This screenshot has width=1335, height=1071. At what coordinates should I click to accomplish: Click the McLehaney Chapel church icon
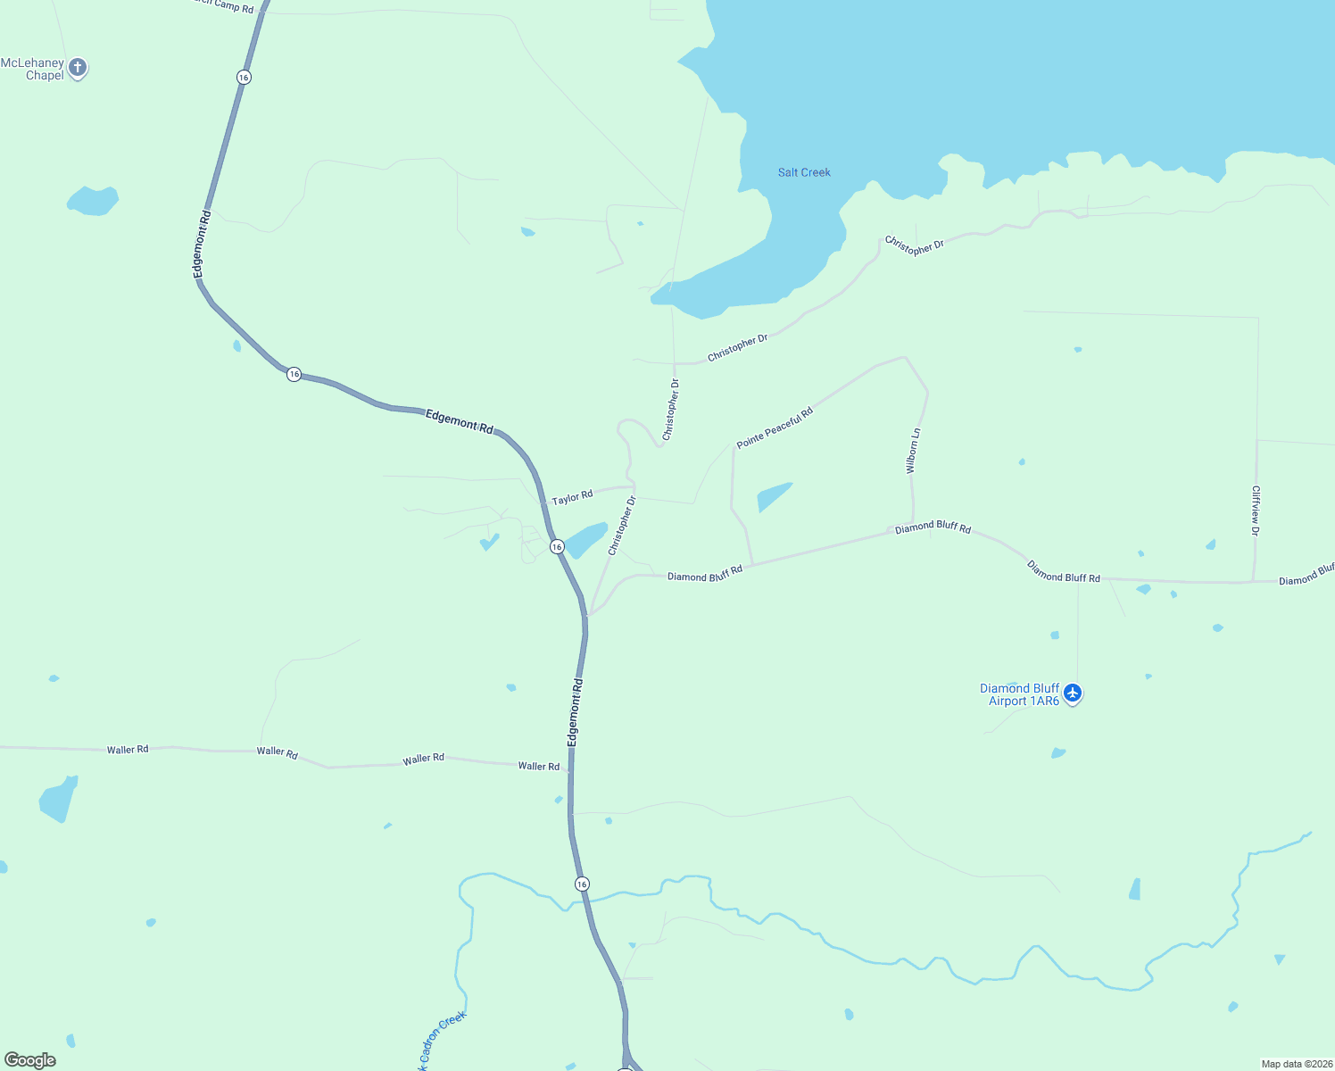(x=78, y=67)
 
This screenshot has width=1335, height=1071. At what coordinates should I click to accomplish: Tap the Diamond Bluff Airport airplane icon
(x=1073, y=693)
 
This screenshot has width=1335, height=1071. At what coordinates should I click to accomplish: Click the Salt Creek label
(x=804, y=172)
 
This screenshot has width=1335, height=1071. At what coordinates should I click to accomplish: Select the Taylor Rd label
(x=572, y=497)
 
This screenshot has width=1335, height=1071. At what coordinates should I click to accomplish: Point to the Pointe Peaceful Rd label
(x=775, y=428)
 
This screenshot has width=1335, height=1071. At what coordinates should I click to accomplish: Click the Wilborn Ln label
(x=912, y=451)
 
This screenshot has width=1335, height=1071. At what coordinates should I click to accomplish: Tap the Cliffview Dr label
(x=1256, y=511)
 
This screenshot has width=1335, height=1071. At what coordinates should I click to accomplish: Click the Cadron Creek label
(x=441, y=1039)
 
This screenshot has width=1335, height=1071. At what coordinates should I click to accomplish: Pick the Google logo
(x=29, y=1060)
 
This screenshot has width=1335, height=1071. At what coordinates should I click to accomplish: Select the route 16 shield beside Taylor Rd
(x=557, y=546)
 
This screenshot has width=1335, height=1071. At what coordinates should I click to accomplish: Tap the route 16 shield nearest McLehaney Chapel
(x=244, y=78)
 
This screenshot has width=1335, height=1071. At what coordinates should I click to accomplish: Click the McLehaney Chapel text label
(x=33, y=69)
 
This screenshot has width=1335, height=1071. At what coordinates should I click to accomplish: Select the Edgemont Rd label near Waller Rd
(x=576, y=712)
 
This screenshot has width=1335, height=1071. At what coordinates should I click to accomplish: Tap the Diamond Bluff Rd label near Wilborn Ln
(x=933, y=527)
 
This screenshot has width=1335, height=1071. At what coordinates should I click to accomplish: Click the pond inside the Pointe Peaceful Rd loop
(x=773, y=495)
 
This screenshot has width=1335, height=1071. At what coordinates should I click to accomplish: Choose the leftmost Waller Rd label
(x=128, y=750)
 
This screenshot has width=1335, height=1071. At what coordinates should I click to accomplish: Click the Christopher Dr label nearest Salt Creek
(x=914, y=245)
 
